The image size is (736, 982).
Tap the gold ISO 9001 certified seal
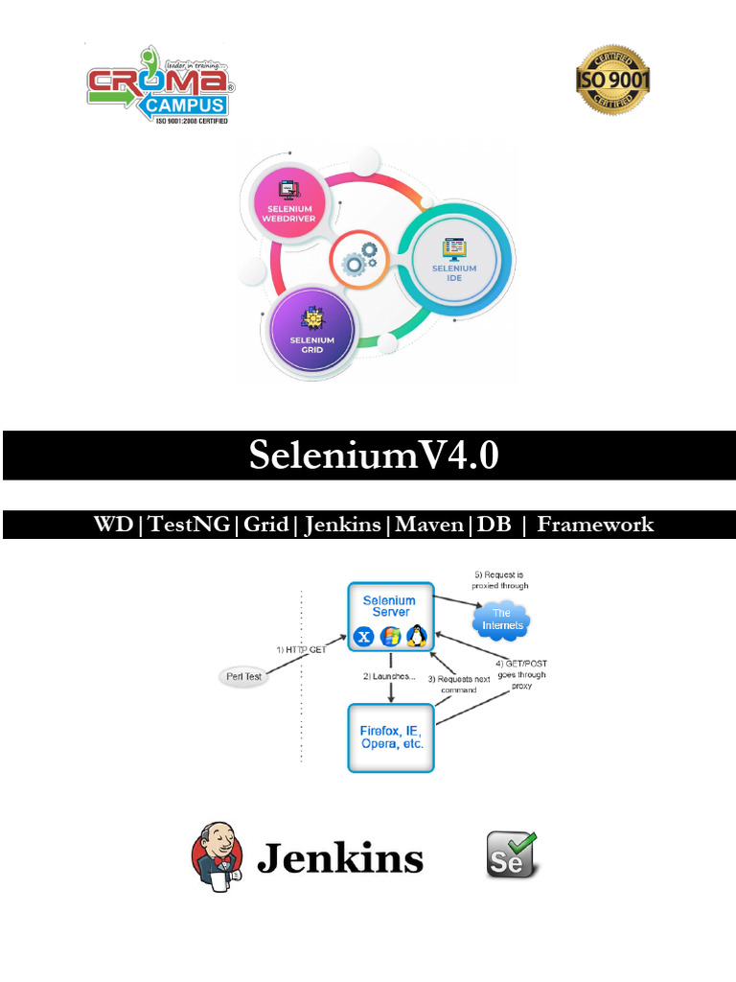[612, 80]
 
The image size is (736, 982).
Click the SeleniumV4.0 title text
[374, 456]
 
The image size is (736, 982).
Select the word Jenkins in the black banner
[342, 525]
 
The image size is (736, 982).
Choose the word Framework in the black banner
[595, 525]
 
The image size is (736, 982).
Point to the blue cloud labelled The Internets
[501, 620]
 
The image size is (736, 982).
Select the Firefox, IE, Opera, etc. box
[391, 737]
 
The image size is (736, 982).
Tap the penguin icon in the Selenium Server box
[416, 636]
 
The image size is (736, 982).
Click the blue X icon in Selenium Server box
[364, 637]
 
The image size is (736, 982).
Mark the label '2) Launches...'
[389, 676]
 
